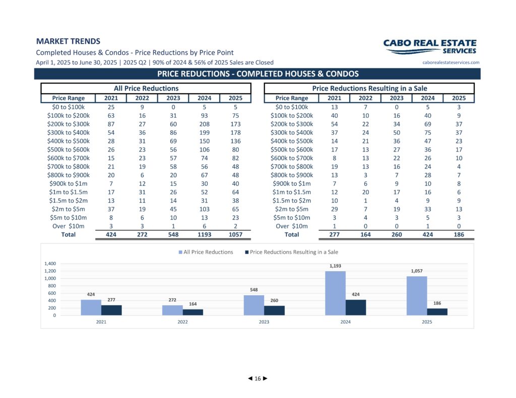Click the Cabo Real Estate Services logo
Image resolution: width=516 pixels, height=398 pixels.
click(430, 47)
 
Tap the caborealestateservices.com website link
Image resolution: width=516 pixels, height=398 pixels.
click(451, 62)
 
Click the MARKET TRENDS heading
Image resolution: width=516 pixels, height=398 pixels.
click(68, 41)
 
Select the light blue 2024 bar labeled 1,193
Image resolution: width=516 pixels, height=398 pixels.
click(335, 293)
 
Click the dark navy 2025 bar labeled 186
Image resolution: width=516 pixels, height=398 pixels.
click(437, 312)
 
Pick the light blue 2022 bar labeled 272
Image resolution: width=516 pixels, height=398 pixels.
click(172, 310)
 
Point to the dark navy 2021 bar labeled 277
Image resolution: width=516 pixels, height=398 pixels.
click(111, 310)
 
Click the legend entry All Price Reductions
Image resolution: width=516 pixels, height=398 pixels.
click(206, 252)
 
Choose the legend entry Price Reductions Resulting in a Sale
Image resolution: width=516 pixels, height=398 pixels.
click(292, 252)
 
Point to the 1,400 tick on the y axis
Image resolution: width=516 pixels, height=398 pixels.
click(50, 264)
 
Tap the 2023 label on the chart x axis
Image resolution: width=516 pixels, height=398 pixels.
click(264, 322)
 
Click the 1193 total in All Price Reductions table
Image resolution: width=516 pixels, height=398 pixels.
click(205, 234)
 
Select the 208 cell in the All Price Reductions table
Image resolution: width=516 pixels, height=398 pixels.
click(205, 124)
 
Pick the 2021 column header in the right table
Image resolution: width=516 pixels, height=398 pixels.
click(335, 98)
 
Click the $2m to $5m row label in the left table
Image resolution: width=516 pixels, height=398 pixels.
click(68, 209)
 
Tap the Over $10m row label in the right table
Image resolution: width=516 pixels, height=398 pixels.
click(292, 226)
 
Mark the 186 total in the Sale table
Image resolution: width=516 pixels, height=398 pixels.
click(459, 234)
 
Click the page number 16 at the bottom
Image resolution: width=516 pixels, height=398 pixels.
click(257, 378)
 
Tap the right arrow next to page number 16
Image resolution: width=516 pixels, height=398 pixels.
click(265, 378)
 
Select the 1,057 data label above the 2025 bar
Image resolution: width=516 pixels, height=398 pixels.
click(417, 271)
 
